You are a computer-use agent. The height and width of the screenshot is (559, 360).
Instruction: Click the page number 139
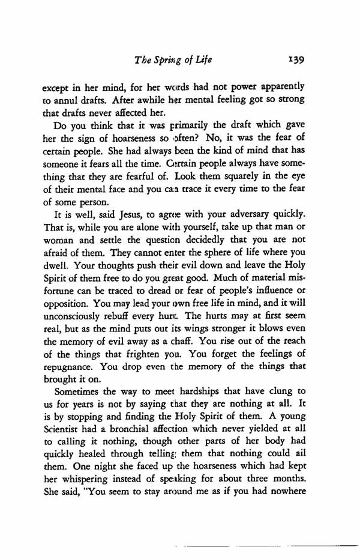point(298,61)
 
